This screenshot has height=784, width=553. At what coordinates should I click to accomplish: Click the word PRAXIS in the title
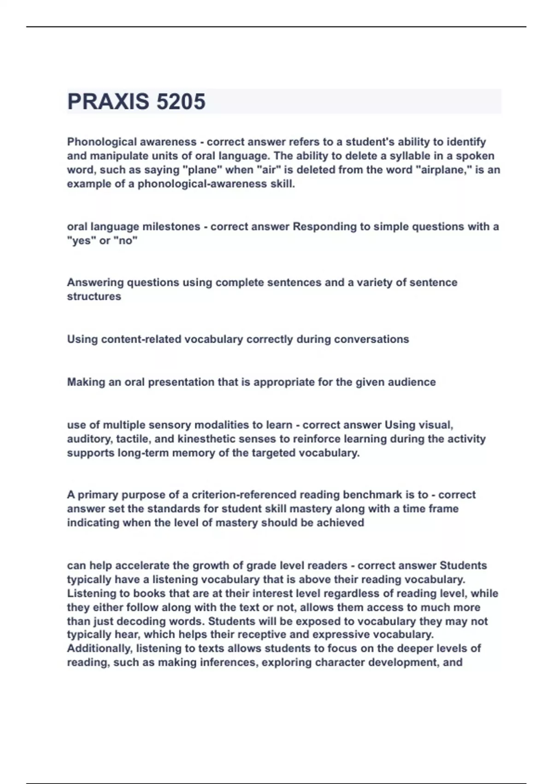(108, 101)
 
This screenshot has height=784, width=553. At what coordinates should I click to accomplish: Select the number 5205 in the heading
(181, 101)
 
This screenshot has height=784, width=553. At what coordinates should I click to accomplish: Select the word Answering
(95, 283)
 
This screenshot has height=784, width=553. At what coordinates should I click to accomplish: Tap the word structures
(94, 297)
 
